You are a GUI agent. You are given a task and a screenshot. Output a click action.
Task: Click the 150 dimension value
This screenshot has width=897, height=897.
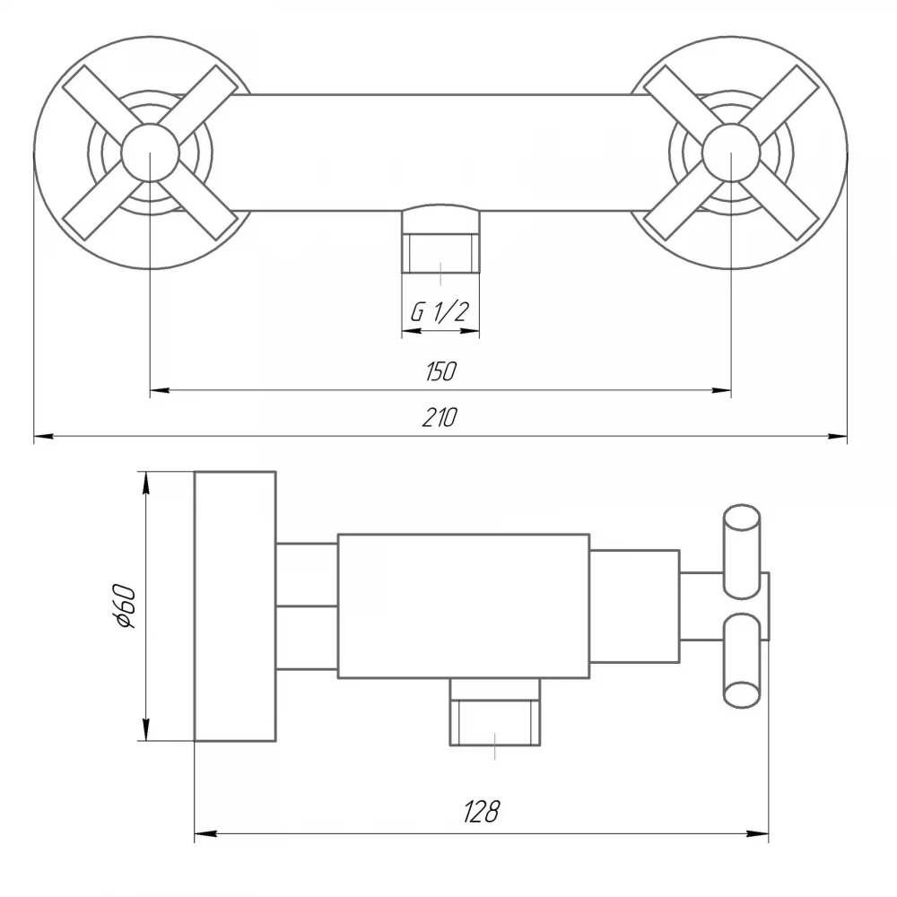pos(440,372)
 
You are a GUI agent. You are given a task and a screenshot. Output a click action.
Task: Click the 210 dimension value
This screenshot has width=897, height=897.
pos(440,418)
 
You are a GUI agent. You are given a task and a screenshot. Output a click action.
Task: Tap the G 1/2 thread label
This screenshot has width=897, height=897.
pos(440,312)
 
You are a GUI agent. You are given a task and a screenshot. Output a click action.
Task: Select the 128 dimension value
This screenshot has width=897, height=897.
pos(481,811)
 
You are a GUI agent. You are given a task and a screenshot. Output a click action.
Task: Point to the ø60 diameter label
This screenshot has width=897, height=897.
pos(126,606)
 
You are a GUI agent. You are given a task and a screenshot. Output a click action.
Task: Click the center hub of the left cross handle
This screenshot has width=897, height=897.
pos(150,152)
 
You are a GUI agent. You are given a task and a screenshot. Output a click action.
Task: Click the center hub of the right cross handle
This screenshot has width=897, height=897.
pos(730,152)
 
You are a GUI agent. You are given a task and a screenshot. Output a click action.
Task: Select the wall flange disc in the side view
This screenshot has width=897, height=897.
pos(235,606)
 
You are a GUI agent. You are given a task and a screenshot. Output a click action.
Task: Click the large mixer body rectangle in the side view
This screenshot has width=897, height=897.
pos(464,606)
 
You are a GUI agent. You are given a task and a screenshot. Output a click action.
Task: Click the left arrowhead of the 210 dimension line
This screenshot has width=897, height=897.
pos(43,437)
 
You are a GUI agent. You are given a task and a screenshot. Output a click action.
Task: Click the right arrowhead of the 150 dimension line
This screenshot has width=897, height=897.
pos(721,391)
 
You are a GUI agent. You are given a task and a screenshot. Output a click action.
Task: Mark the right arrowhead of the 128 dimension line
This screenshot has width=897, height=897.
pos(759,834)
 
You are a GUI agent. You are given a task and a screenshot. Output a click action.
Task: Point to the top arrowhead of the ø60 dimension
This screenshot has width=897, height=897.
pos(146,482)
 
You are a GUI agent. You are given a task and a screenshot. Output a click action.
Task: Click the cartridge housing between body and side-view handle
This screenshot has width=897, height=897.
pos(635,606)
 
